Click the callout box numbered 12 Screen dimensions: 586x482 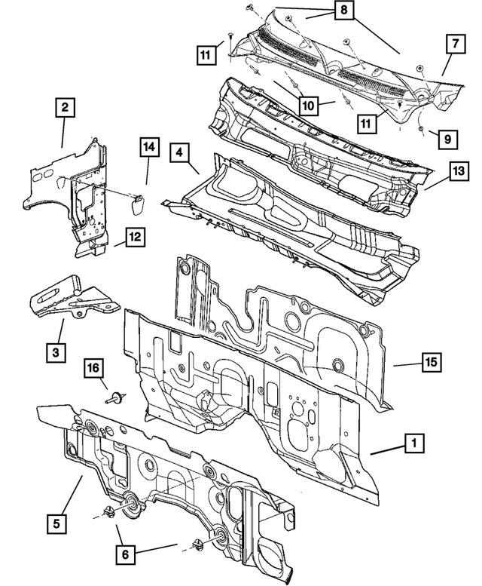pyautogui.click(x=133, y=238)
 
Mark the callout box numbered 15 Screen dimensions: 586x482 pyautogui.click(x=429, y=364)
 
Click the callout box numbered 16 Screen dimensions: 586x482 pyautogui.click(x=93, y=369)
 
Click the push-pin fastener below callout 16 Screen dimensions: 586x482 pyautogui.click(x=115, y=397)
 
